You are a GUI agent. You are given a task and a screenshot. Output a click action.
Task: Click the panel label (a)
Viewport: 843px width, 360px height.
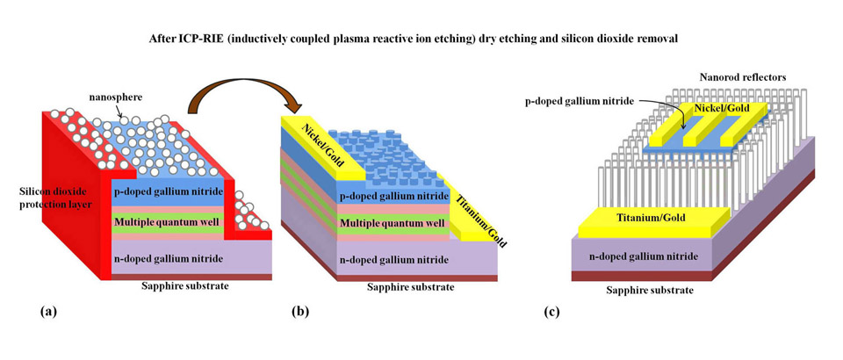click(x=48, y=310)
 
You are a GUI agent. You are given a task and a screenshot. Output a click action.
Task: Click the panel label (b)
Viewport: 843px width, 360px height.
click(x=300, y=310)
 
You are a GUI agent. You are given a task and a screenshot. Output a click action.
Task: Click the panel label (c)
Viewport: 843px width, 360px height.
click(x=555, y=310)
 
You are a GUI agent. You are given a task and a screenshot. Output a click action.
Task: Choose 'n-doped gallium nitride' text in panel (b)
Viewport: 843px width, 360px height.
click(x=392, y=260)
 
